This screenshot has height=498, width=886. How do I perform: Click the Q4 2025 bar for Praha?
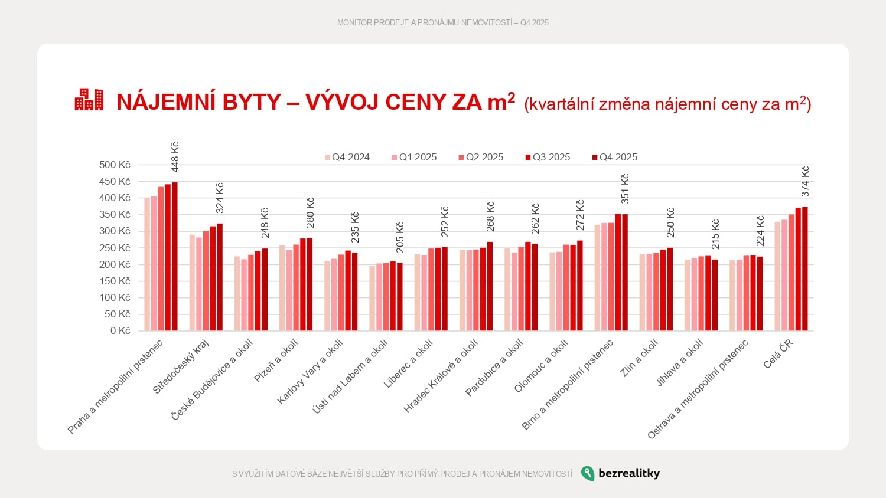pos(175,257)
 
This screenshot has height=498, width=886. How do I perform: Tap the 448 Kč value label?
pos(175,157)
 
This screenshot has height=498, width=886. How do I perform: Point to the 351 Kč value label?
pos(625,189)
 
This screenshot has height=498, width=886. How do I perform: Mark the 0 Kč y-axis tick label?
pos(120,330)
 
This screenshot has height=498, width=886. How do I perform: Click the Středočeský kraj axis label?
pos(181,366)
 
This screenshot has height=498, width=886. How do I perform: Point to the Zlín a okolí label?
pos(639,358)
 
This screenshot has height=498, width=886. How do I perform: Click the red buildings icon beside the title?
pos(89,100)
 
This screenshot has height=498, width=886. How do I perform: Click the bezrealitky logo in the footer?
pos(620,473)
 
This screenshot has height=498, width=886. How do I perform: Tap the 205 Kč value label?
pos(400,237)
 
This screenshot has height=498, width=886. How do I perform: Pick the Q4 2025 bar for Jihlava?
pos(715,295)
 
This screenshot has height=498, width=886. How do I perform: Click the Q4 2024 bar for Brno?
pos(598,277)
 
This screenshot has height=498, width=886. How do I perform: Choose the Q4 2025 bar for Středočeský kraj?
pos(220,277)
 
